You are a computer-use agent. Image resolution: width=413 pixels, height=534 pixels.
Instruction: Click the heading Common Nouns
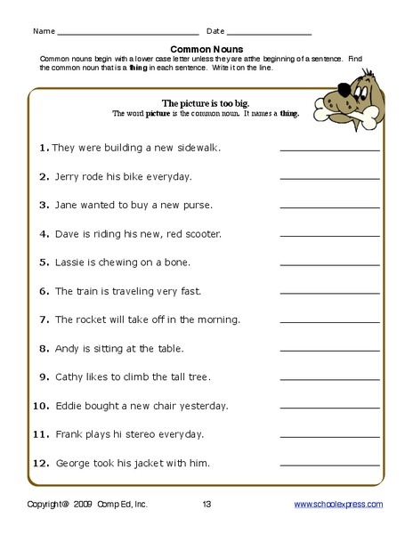(206, 50)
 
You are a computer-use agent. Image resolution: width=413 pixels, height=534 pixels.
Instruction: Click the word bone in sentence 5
(178, 263)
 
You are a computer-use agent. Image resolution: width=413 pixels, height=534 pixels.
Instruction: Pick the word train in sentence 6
(88, 291)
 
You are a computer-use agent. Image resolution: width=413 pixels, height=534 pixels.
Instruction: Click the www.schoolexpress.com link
(339, 505)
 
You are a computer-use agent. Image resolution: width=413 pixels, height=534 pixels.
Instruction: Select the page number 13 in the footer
(206, 505)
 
